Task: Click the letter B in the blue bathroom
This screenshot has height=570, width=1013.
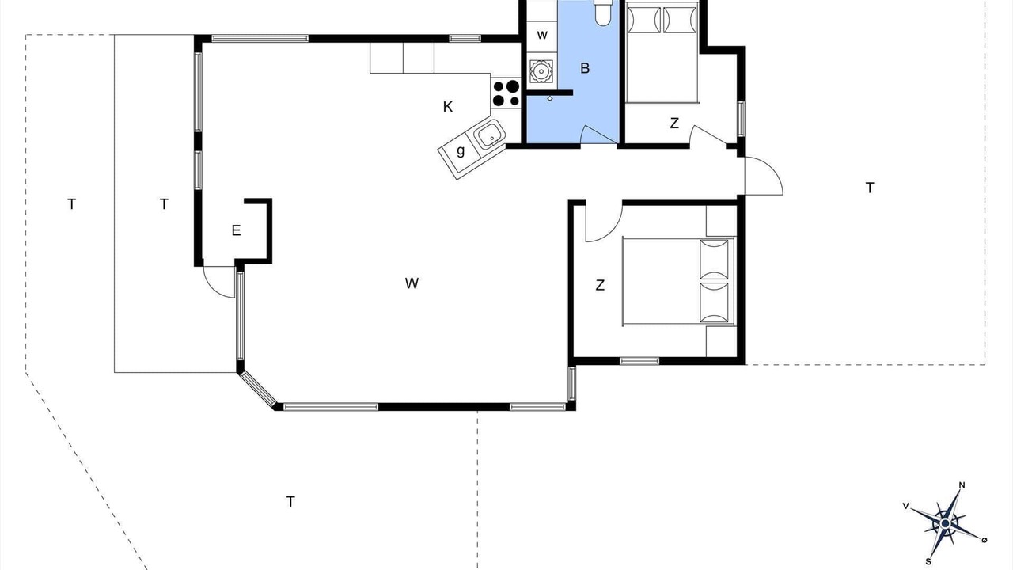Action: (585, 68)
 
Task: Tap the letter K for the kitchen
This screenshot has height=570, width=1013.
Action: (448, 107)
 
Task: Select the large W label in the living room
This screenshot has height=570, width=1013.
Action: (412, 283)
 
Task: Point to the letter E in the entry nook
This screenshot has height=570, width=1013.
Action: (236, 230)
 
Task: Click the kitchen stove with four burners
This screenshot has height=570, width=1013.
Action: (506, 93)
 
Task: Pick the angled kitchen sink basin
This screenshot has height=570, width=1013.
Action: (489, 134)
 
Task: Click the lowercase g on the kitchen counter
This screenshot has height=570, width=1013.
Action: (461, 150)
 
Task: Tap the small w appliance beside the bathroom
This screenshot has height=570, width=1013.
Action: (542, 35)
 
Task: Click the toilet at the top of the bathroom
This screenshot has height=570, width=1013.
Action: (602, 12)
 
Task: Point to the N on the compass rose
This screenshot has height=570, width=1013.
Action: (962, 485)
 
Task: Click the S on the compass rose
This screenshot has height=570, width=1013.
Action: (928, 561)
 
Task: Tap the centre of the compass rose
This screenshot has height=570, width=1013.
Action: (945, 524)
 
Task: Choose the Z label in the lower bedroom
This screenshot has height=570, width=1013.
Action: (600, 285)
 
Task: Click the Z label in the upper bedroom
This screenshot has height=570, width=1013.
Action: (674, 123)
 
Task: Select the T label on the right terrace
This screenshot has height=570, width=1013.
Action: (870, 188)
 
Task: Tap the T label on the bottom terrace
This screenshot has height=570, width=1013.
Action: (290, 502)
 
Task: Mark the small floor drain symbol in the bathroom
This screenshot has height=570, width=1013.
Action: (550, 98)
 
